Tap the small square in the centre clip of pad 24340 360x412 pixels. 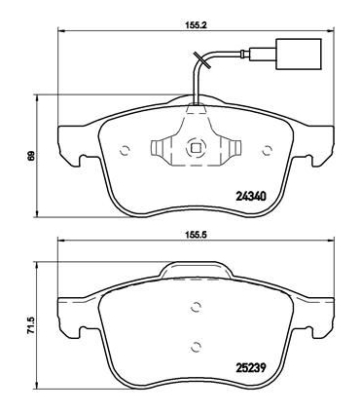tap(195, 149)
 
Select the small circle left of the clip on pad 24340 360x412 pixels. tap(125, 149)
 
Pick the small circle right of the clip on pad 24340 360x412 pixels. tap(266, 149)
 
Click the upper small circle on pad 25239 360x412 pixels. tap(196, 308)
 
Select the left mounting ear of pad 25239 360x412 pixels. tap(69, 314)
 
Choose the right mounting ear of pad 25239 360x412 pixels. tap(322, 314)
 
